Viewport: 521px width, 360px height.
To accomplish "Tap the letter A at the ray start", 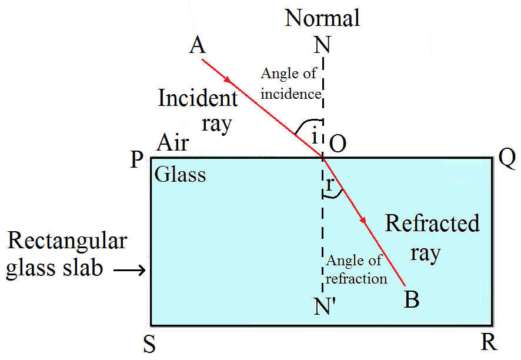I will click(x=198, y=46).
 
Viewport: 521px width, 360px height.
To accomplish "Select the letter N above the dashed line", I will click(x=322, y=45).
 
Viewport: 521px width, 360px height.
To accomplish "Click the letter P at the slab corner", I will click(x=136, y=159).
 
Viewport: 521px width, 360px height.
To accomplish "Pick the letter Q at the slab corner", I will click(x=506, y=156).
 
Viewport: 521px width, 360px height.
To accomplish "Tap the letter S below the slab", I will click(x=149, y=345).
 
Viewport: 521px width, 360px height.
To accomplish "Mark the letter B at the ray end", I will click(x=412, y=299).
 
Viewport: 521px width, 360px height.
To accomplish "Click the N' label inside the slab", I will click(x=324, y=306).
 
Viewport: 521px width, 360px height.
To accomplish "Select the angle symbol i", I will click(x=315, y=137).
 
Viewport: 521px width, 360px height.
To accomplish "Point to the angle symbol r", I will click(x=330, y=184).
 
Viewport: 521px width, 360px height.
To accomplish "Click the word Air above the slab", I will click(x=173, y=142).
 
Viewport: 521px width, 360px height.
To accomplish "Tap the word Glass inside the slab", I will click(x=181, y=174).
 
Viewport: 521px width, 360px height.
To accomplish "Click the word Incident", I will click(x=198, y=98).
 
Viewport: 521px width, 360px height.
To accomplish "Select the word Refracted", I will click(x=432, y=224).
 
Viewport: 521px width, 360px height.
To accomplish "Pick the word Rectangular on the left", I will click(x=67, y=241).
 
